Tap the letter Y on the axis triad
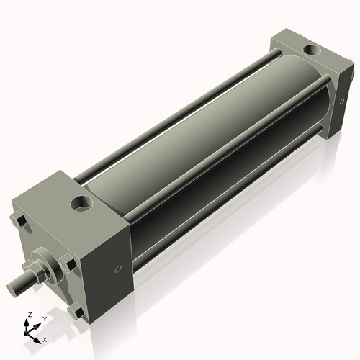[44, 318]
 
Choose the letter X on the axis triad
[45, 338]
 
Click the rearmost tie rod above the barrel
[180, 115]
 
